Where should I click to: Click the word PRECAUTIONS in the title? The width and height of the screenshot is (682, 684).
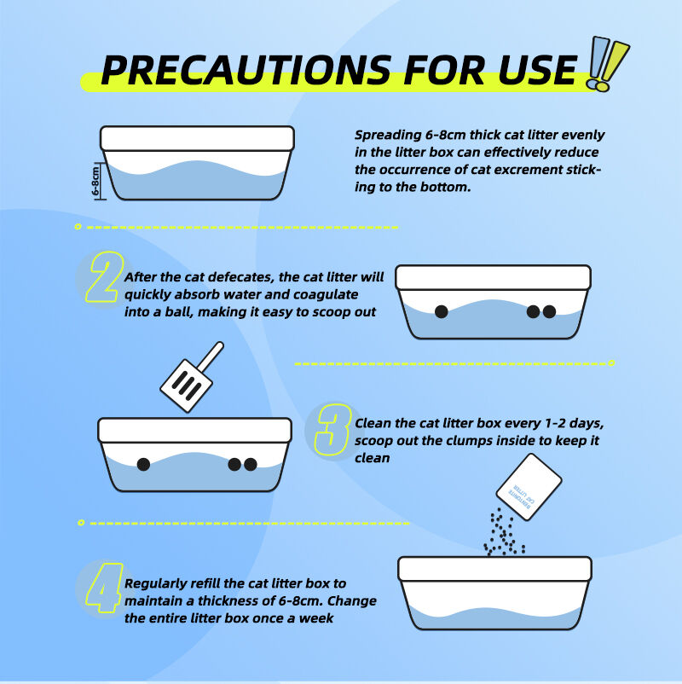tap(246, 70)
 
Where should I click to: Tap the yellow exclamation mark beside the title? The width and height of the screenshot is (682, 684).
tap(614, 66)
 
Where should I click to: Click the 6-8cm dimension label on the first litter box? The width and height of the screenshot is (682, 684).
tap(95, 181)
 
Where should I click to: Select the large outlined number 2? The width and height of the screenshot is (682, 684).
tap(104, 277)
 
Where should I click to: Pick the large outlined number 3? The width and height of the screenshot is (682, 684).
tap(333, 429)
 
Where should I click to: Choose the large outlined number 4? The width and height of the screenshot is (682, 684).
tap(104, 588)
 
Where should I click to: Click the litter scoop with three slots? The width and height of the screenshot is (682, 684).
tap(191, 378)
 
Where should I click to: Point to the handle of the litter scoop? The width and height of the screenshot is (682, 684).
tap(211, 356)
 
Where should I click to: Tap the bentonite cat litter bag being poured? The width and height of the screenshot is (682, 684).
tap(529, 487)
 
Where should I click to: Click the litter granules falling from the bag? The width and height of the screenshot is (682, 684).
tap(504, 532)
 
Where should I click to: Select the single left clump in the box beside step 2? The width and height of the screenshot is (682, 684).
tap(442, 311)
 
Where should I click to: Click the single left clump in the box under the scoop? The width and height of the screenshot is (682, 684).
tap(143, 464)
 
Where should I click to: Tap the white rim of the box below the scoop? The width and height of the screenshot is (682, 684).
tap(195, 430)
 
